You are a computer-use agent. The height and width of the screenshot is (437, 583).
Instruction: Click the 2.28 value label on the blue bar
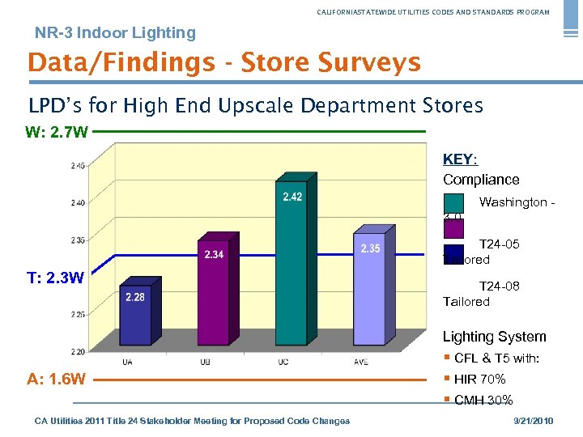coord(135,297)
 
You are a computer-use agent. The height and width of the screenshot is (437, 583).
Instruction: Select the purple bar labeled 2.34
coord(214,291)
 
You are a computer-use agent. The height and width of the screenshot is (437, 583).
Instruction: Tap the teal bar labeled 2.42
coord(292,259)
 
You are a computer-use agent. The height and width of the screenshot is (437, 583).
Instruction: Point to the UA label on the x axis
coord(128,362)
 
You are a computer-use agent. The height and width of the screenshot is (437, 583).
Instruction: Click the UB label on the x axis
coord(206,362)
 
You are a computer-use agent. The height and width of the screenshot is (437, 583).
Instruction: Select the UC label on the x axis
coord(283,362)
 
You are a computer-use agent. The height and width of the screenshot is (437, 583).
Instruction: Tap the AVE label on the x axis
coord(360,362)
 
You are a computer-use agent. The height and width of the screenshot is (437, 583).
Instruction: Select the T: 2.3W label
coord(55,278)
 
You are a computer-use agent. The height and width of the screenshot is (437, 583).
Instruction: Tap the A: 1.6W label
coord(56,379)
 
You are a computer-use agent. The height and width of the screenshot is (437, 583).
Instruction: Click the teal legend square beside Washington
coord(453,203)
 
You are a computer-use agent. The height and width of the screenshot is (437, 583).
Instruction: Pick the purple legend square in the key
coord(453,229)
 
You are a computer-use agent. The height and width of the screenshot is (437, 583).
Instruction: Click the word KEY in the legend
coord(459,159)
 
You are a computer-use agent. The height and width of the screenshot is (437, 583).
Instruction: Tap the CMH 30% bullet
coord(483,400)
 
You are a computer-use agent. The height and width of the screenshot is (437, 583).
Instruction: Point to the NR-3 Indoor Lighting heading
coord(115,33)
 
